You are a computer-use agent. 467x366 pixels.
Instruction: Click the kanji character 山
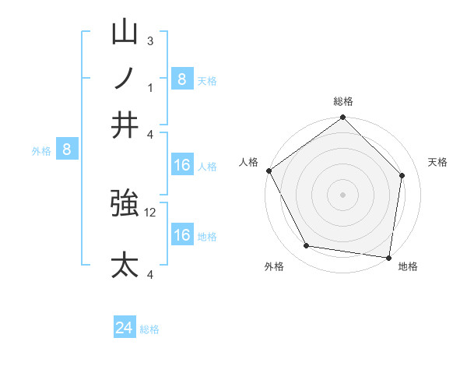tap(125, 33)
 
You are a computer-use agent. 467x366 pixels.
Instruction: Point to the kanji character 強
tap(125, 204)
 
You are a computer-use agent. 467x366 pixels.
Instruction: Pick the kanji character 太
tap(125, 265)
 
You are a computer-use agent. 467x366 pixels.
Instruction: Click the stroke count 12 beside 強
tap(151, 212)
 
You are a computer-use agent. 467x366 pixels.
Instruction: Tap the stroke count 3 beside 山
tap(150, 40)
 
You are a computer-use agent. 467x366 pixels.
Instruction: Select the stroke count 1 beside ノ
tap(150, 86)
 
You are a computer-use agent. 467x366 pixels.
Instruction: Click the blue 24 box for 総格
tap(125, 329)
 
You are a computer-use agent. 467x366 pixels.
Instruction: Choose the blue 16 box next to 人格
tap(182, 165)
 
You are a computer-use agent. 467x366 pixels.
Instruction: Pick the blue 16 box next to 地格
tap(182, 235)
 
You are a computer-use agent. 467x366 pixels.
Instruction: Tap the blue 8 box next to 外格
tap(67, 150)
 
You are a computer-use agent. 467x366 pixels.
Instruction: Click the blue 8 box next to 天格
tap(182, 79)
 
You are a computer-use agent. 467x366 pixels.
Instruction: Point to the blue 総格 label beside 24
tap(149, 329)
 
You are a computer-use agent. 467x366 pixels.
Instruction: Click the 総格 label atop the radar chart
tap(343, 101)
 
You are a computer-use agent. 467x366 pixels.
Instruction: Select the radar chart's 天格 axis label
tap(438, 162)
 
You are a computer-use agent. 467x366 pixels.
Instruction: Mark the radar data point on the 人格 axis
tap(269, 171)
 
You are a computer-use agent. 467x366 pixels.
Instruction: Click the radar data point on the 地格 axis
tap(388, 256)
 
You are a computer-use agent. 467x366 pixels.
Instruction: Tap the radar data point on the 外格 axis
tap(307, 246)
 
